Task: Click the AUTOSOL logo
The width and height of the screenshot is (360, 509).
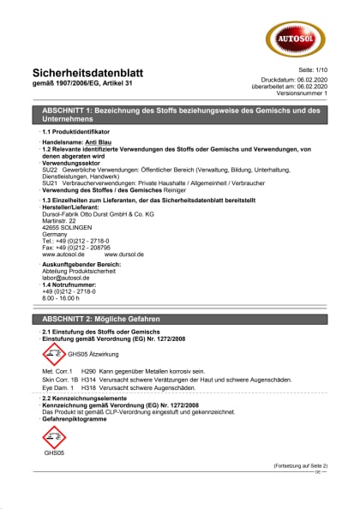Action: point(296,36)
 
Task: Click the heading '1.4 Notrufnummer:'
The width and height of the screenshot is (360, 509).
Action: point(73,284)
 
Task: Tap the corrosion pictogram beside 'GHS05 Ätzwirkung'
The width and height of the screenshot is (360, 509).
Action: point(53,351)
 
